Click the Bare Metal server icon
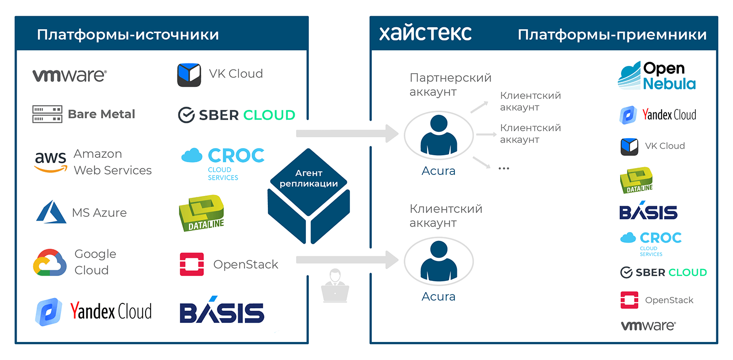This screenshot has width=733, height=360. point(47,114)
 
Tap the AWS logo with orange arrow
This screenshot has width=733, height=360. point(51,162)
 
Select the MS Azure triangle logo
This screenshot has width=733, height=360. point(51,212)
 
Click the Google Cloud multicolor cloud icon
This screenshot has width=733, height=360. point(50,262)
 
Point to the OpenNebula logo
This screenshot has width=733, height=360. point(656,76)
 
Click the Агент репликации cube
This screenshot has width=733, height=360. point(308,196)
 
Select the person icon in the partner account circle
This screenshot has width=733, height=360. point(438,134)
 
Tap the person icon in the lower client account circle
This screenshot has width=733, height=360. point(438,261)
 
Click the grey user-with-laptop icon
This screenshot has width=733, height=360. point(335,285)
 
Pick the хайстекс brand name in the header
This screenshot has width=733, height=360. point(425,33)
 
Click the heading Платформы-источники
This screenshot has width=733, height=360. point(128,35)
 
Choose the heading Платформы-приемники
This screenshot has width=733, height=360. point(612,35)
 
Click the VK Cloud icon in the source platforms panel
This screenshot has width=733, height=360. point(189,75)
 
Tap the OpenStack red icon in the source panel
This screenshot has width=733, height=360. point(192,264)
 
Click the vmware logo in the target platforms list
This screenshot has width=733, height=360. point(648,326)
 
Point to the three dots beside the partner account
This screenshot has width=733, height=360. point(504,169)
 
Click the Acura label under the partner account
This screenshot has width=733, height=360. point(438,170)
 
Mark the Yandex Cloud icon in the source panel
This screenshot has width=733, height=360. point(48,312)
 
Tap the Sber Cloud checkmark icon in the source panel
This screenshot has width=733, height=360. point(187,115)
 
